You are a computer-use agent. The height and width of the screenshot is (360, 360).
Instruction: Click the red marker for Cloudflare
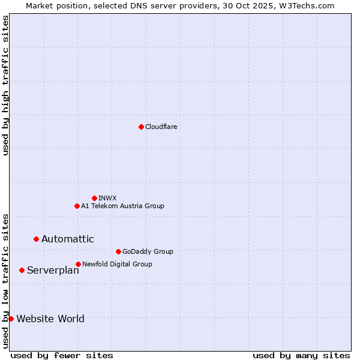point(141,127)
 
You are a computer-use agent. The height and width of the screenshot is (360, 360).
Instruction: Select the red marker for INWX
point(94,198)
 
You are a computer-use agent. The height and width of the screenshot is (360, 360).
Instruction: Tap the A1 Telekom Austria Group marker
point(77,206)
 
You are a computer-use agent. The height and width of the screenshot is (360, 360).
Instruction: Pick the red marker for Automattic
point(36,239)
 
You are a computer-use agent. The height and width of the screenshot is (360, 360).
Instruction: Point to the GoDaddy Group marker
point(118,251)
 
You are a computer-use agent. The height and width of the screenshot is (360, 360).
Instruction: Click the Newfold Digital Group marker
point(78,264)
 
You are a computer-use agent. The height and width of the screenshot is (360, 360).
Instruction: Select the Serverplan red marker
point(22,270)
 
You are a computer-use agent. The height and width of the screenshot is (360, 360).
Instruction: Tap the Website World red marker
point(11,319)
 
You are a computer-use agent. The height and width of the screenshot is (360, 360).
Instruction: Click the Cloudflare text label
point(161,127)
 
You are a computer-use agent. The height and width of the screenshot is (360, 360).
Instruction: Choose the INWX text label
point(107,198)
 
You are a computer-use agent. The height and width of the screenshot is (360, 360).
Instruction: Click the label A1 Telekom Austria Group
point(122,206)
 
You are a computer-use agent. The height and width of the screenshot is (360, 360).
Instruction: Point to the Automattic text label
point(67,239)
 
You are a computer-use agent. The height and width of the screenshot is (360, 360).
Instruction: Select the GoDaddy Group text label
point(147,251)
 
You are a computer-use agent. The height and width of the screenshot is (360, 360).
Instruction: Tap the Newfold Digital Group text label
point(117,264)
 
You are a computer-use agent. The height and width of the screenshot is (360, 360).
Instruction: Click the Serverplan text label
point(53,270)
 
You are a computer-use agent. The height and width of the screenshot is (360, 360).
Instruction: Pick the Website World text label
point(50,319)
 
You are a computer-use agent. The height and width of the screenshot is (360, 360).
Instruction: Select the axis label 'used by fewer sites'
point(62,355)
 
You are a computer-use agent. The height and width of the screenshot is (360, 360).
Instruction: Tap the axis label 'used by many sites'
point(301,355)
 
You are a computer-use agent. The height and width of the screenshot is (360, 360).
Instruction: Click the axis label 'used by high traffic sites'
point(5,85)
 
